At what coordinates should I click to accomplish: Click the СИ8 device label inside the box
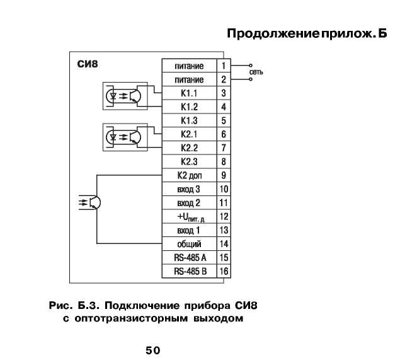coord(88,64)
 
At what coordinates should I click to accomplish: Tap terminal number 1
coord(224,66)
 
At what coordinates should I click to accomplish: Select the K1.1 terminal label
coord(189,93)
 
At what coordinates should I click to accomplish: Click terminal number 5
coord(224,120)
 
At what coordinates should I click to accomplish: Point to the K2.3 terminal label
coord(189,161)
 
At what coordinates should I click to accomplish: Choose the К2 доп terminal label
coord(190,175)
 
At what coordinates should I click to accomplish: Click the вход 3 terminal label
coord(188,189)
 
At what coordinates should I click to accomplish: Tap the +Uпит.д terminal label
coord(191,217)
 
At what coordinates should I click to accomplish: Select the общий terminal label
coord(189,244)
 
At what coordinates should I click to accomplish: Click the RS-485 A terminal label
coord(190,257)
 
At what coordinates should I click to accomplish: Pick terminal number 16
coord(224,271)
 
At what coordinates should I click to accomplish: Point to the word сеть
coord(256,72)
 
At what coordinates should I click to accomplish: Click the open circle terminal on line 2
coord(251,79)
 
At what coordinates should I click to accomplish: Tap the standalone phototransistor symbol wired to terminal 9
coord(91,202)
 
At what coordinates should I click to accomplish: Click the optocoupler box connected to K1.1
coord(125,96)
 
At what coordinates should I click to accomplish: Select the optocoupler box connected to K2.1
coord(125,137)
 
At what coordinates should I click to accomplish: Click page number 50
coord(153,351)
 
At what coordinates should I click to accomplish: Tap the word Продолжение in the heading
coord(273,34)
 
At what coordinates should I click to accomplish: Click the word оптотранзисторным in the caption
coord(131,318)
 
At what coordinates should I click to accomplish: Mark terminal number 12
coord(224,216)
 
